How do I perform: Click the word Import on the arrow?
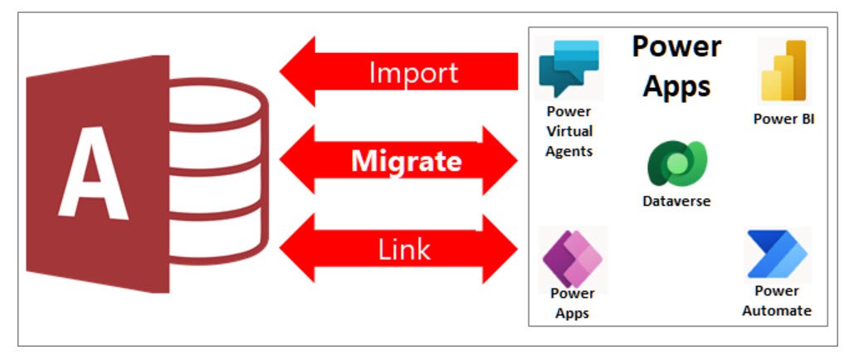click(x=413, y=73)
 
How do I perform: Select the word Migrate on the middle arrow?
click(x=406, y=161)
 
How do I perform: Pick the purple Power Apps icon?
click(x=572, y=259)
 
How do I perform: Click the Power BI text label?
click(x=783, y=119)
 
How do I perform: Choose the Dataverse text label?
click(x=676, y=201)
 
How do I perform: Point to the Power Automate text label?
click(x=777, y=301)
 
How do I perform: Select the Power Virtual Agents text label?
click(x=569, y=131)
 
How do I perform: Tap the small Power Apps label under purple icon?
click(x=572, y=303)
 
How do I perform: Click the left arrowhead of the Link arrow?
click(x=299, y=248)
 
